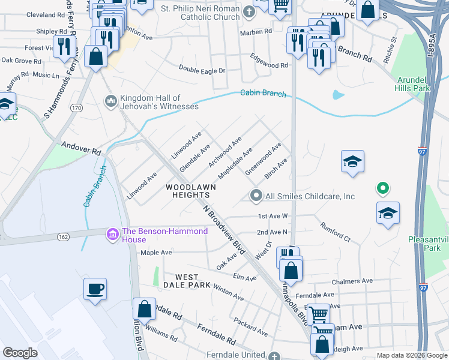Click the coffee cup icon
(x=95, y=290)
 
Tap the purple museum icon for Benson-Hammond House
(x=112, y=233)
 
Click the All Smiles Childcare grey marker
(x=256, y=196)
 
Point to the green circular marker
(x=382, y=189)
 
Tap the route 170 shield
(x=76, y=108)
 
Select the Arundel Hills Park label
(x=413, y=84)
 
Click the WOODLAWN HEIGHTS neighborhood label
(x=187, y=191)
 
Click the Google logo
(x=20, y=353)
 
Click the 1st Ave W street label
(x=273, y=215)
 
